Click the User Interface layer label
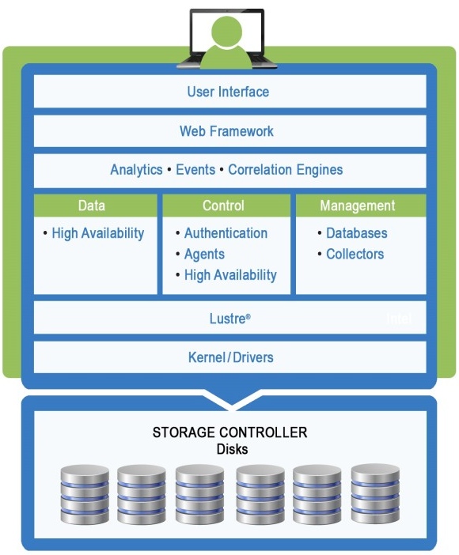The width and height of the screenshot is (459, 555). [x=228, y=92]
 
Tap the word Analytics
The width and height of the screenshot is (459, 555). [x=136, y=170]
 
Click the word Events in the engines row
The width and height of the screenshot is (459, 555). [x=195, y=170]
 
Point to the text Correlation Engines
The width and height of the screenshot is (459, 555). [x=285, y=170]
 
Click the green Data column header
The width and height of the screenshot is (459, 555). [x=92, y=206]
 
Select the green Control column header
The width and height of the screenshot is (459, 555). [x=223, y=206]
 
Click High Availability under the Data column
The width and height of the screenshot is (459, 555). [x=97, y=233]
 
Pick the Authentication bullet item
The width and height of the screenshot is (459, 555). [x=226, y=233]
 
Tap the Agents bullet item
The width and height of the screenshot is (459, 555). [x=204, y=255]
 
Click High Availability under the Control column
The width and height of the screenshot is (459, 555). [x=230, y=275]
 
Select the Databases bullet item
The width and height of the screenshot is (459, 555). [x=356, y=233]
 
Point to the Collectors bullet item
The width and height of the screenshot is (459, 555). [x=355, y=255]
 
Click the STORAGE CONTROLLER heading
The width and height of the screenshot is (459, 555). [x=229, y=433]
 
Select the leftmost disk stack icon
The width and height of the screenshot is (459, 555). [x=85, y=494]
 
